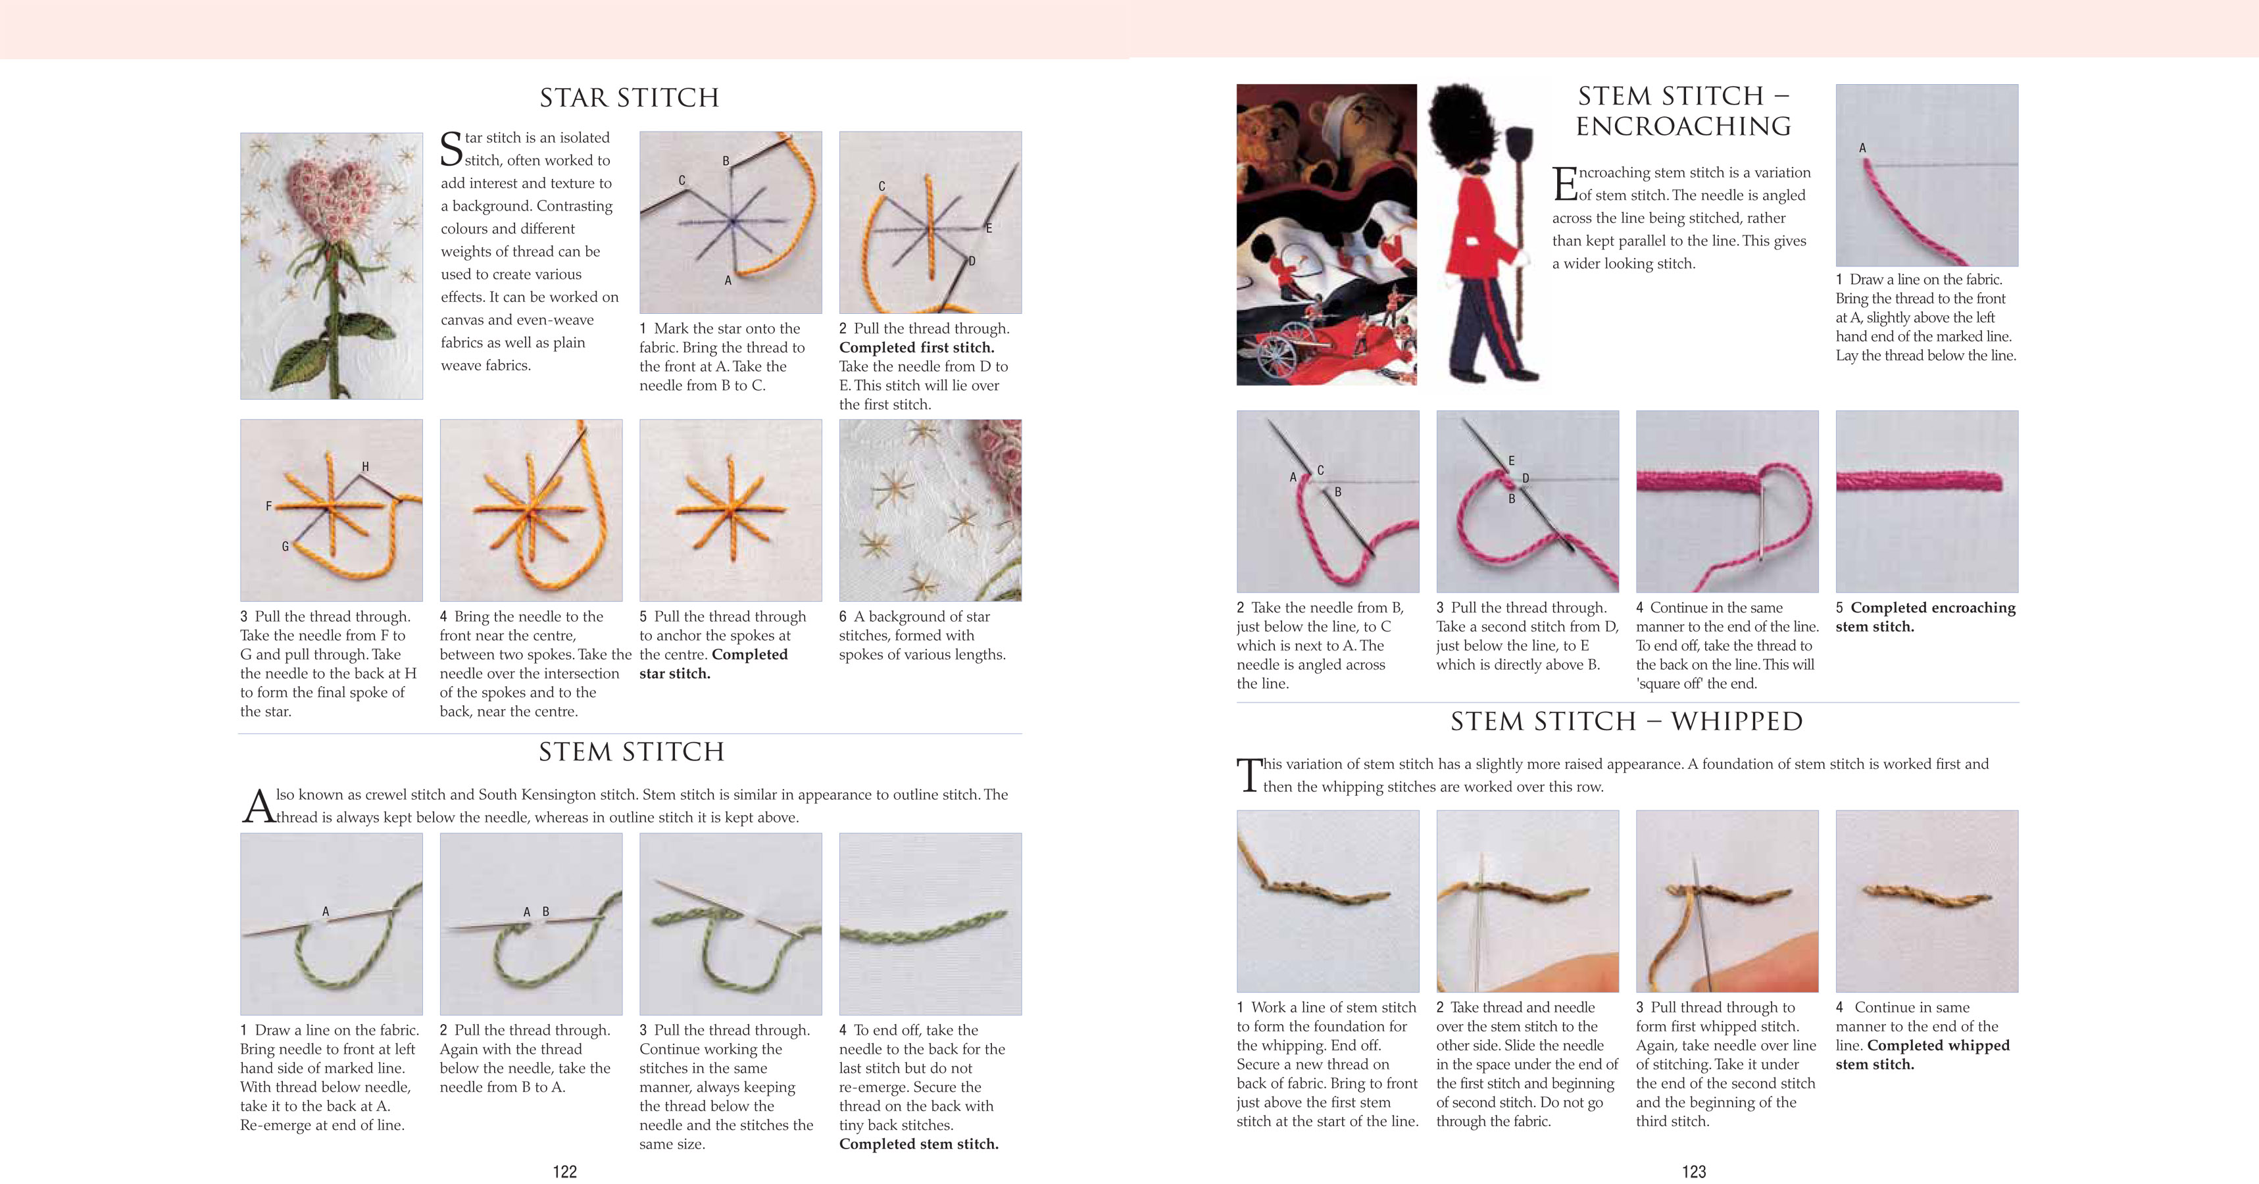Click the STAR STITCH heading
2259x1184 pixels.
(x=629, y=97)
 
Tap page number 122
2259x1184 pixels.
(x=564, y=1171)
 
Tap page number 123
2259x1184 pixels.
(x=1693, y=1171)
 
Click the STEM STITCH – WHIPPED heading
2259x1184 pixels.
(x=1627, y=721)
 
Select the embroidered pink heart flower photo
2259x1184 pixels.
(x=331, y=266)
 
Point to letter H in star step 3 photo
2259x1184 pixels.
(x=366, y=466)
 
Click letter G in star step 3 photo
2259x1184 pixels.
(x=285, y=547)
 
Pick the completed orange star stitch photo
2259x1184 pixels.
(x=730, y=510)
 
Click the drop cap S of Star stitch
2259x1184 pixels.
(x=451, y=149)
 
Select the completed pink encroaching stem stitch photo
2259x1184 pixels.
(x=1927, y=501)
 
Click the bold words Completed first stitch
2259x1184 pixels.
(x=916, y=347)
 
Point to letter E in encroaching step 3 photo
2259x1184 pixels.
(x=1511, y=460)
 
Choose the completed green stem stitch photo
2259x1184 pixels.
(x=930, y=924)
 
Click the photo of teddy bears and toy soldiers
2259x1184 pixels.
(x=1326, y=235)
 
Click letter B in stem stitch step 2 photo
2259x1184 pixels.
(x=545, y=912)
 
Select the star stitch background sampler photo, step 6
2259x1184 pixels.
(x=930, y=510)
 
